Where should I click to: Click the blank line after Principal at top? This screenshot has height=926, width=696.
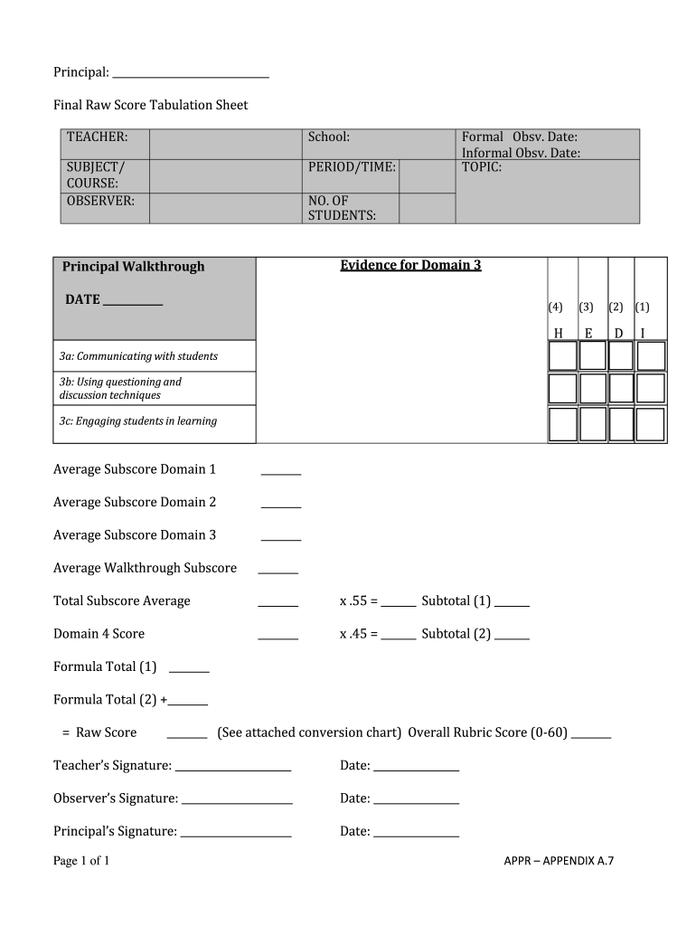click(x=191, y=72)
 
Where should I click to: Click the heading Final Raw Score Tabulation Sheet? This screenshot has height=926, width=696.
click(x=150, y=105)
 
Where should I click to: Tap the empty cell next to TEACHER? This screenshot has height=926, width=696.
click(x=225, y=144)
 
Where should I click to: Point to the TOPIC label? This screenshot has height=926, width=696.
click(x=482, y=167)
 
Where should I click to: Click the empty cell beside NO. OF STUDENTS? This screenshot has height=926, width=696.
click(x=427, y=208)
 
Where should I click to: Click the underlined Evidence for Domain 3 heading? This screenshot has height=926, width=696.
click(x=410, y=265)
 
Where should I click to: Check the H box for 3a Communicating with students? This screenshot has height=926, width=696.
click(x=562, y=355)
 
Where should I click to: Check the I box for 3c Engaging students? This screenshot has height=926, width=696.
click(x=651, y=423)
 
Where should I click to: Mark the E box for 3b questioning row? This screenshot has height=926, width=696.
click(x=592, y=388)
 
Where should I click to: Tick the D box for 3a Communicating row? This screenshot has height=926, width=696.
click(x=621, y=355)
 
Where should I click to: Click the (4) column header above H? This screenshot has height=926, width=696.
click(x=555, y=307)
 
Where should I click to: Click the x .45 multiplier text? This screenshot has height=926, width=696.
click(x=358, y=634)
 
